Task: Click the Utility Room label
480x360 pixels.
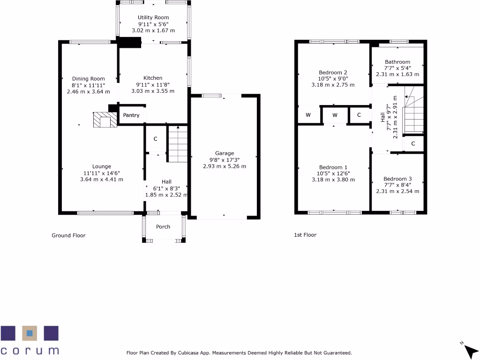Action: (153, 17)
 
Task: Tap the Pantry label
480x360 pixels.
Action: (131, 115)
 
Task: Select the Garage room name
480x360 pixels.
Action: (225, 153)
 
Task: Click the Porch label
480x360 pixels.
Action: (163, 227)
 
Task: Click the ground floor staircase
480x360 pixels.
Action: (178, 144)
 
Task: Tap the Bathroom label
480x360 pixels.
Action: (397, 62)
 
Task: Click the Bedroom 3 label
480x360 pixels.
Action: (397, 179)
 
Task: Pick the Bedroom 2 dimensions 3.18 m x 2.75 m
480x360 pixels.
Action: (333, 85)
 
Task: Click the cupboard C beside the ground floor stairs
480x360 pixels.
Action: (155, 139)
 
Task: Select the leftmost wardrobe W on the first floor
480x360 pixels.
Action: (308, 115)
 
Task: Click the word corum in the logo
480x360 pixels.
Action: (30, 351)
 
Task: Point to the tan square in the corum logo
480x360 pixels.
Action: (30, 333)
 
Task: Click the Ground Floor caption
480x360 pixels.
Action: (68, 235)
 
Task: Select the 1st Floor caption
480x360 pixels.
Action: (305, 235)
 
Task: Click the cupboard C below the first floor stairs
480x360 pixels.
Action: (413, 143)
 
